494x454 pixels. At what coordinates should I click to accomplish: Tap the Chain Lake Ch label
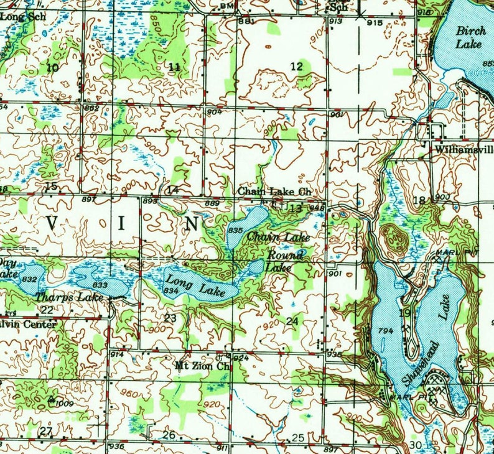click(273, 192)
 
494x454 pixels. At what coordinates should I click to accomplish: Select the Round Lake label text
click(286, 261)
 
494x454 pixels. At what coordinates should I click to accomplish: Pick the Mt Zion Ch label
click(202, 366)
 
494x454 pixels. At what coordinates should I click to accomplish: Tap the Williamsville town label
click(464, 151)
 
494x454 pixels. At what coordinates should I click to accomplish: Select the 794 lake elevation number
click(385, 331)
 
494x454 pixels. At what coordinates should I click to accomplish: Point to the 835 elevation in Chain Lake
click(235, 230)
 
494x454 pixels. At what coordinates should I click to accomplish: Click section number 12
click(296, 67)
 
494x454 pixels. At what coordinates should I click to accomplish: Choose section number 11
click(175, 67)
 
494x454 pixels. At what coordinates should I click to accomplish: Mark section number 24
click(292, 320)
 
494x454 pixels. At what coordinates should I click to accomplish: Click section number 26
click(169, 435)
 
